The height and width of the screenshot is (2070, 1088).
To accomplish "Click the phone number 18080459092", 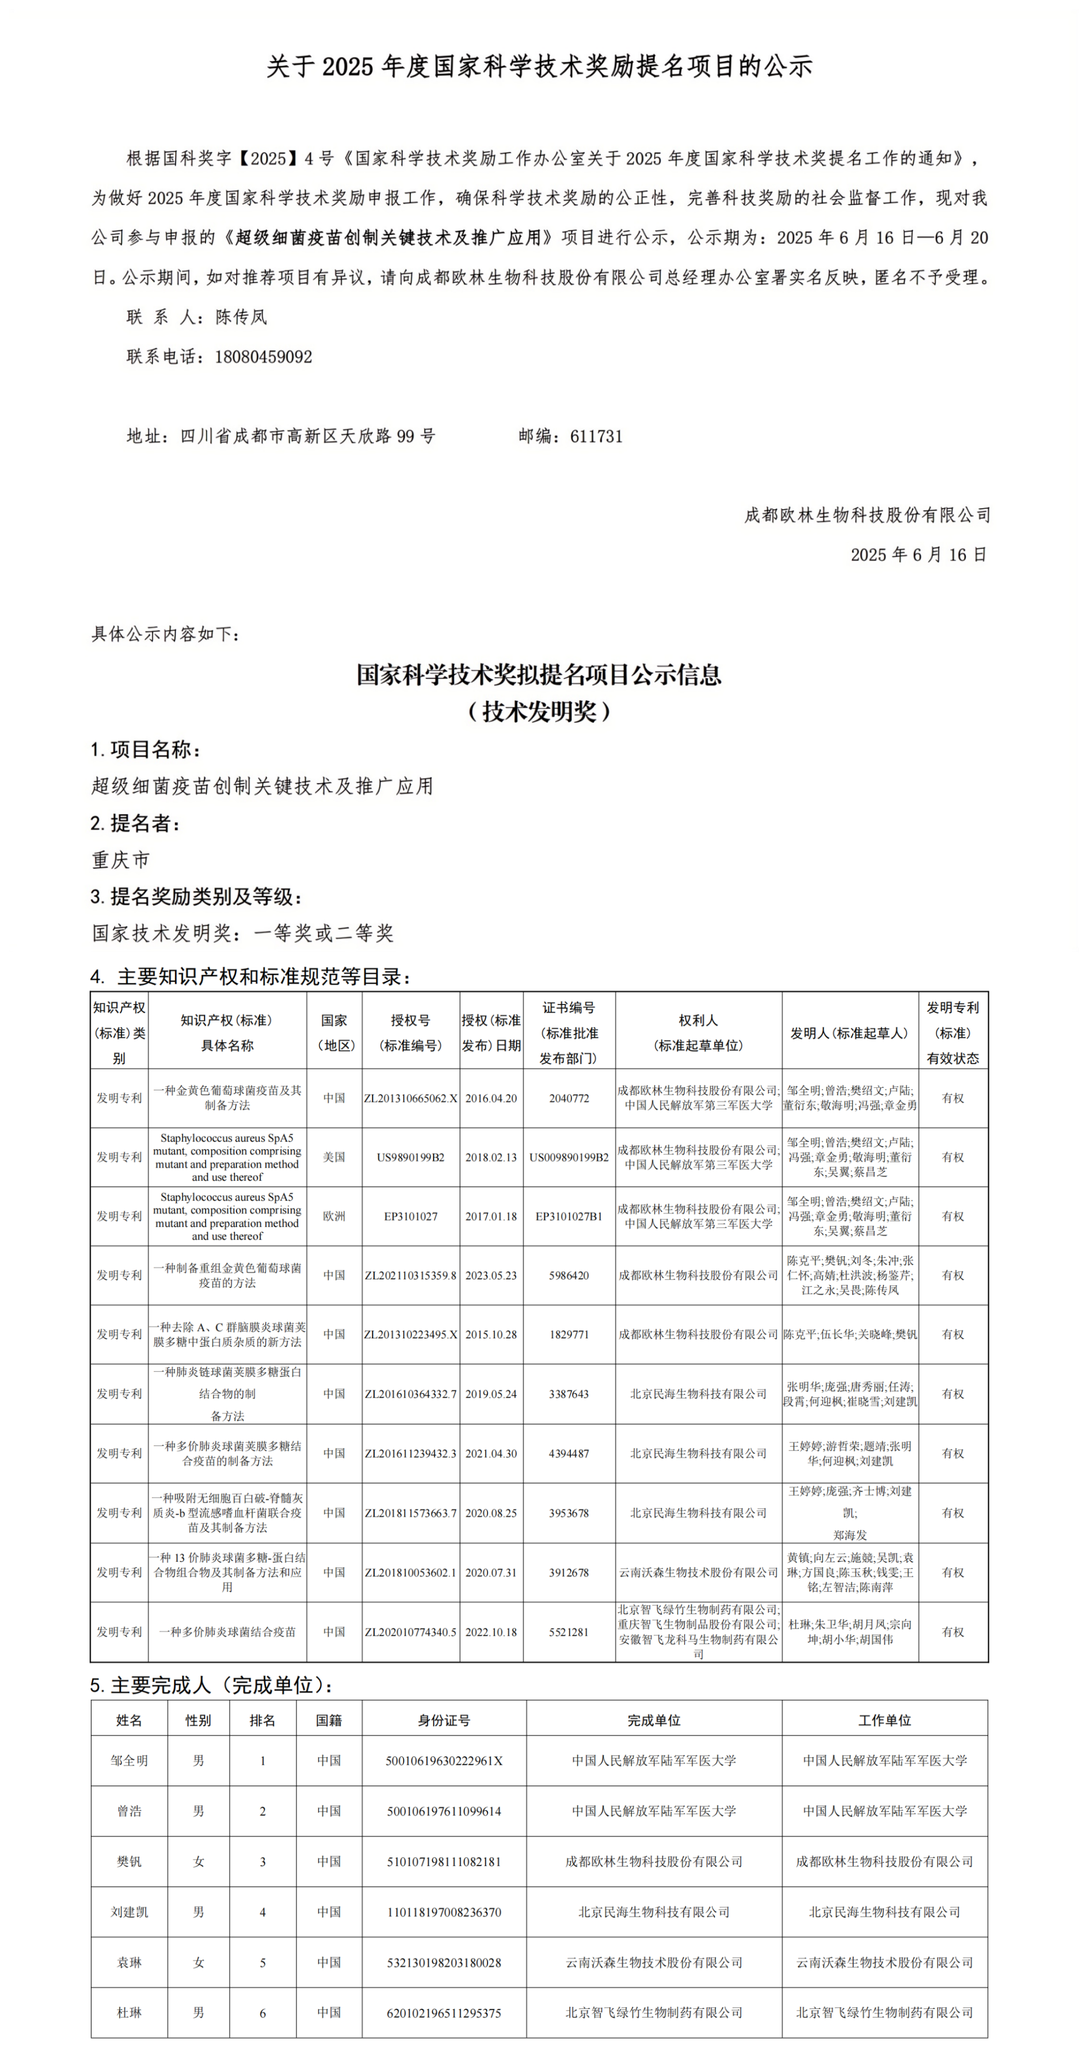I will click(263, 357).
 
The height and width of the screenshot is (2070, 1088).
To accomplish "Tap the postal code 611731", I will click(596, 436).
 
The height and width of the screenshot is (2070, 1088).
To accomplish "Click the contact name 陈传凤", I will click(241, 317).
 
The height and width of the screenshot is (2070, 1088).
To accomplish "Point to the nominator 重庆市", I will click(121, 860).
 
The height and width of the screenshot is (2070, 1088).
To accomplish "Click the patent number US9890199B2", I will click(410, 1157).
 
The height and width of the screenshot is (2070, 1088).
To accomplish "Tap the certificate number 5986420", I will click(569, 1275).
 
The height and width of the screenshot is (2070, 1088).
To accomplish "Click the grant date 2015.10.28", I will click(491, 1334).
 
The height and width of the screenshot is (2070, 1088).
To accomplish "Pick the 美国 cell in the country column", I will click(334, 1157).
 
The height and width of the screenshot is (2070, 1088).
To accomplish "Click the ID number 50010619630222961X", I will click(444, 1761).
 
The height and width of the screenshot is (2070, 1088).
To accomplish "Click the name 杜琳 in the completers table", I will click(129, 2013).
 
